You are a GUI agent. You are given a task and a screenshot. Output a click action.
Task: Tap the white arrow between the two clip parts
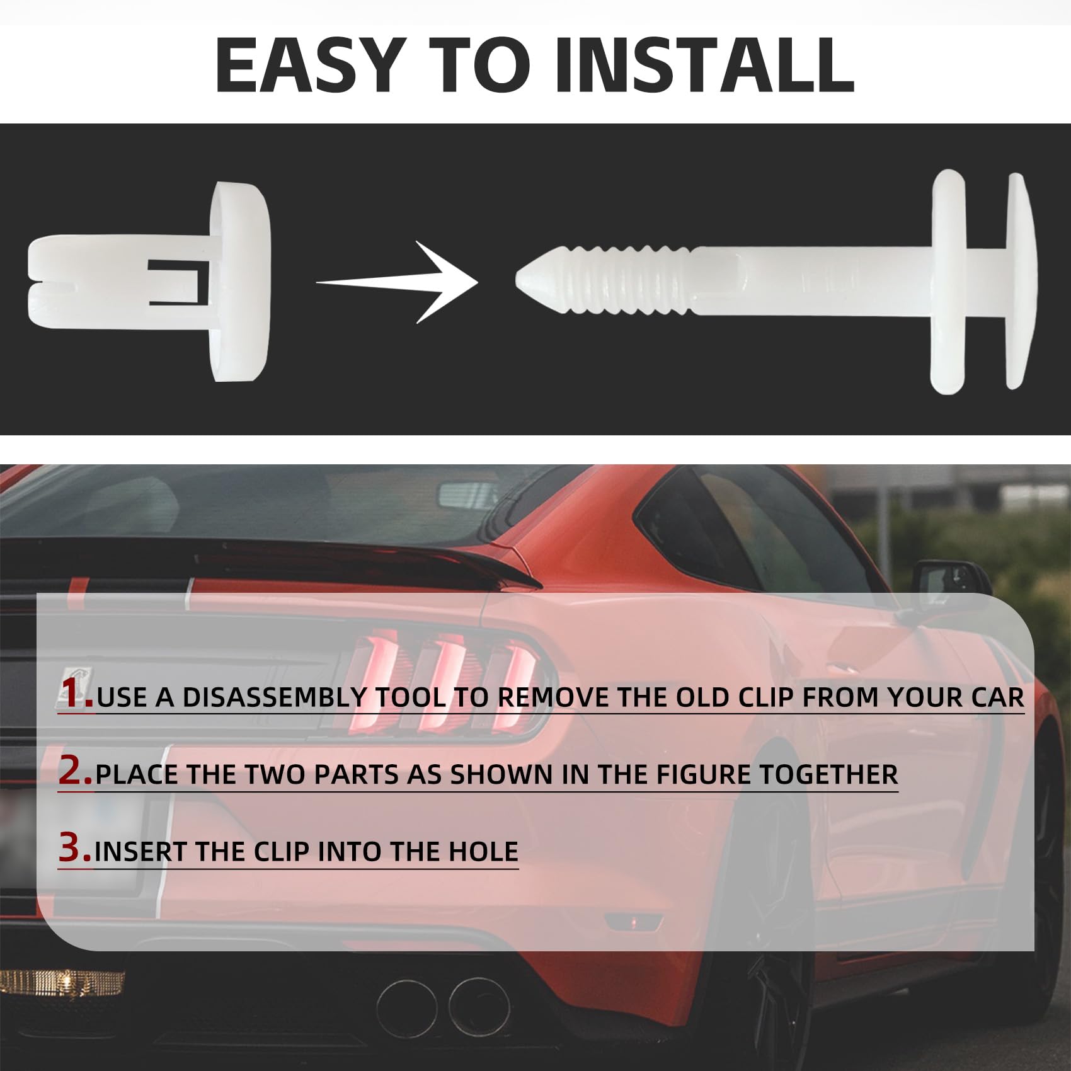tap(398, 282)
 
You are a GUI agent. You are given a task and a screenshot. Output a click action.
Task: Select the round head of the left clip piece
tap(241, 281)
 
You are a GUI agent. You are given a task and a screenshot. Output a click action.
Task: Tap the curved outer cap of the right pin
tap(1019, 281)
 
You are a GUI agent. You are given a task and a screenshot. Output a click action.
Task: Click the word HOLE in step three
tap(483, 852)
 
